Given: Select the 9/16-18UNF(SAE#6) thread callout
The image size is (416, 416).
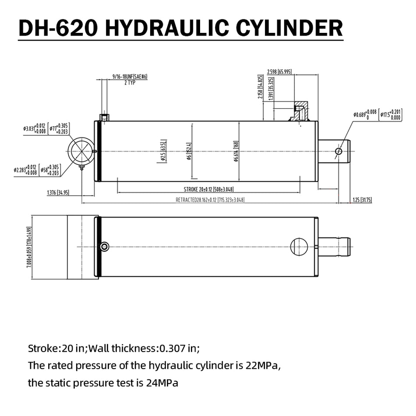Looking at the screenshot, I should click(130, 76).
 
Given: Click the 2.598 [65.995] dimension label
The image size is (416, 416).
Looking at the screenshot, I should click(279, 72).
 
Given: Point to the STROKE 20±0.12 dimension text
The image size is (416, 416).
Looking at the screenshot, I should click(209, 190).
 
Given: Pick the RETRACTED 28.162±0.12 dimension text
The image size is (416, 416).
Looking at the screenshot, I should click(210, 200).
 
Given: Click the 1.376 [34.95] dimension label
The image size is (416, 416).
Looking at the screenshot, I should click(57, 192).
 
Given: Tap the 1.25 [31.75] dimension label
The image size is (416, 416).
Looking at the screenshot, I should click(362, 200).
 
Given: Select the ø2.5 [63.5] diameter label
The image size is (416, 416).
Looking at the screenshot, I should click(163, 151).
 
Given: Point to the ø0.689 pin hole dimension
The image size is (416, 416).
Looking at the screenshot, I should click(365, 114).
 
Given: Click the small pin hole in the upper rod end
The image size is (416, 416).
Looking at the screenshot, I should click(338, 151).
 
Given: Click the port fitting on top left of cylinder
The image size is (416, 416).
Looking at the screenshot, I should click(105, 117).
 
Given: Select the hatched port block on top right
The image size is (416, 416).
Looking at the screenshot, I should click(300, 112).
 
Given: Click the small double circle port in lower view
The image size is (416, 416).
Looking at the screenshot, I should click(104, 247).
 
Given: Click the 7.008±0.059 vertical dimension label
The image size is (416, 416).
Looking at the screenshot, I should click(30, 247).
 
